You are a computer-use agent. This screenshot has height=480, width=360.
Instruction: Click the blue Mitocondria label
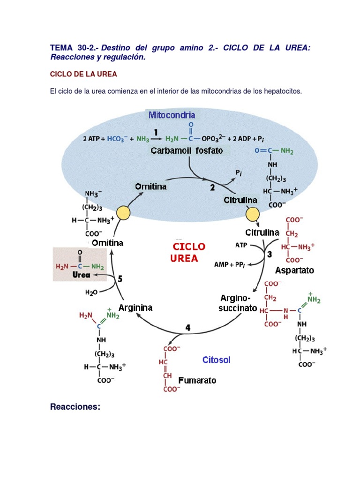tap(172, 115)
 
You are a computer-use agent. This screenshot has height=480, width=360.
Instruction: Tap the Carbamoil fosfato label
tap(187, 151)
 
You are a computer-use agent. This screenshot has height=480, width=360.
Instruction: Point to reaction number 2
tap(212, 187)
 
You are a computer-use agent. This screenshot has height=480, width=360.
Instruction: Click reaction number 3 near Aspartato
tap(270, 255)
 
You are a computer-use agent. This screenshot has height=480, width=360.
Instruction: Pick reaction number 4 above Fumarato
tap(188, 328)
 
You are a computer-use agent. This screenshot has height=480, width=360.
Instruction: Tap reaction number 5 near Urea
tap(120, 278)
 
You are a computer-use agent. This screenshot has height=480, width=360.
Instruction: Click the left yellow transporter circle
tap(123, 213)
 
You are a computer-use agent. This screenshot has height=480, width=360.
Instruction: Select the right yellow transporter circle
tap(253, 215)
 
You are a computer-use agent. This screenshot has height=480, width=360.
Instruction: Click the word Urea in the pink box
tap(81, 275)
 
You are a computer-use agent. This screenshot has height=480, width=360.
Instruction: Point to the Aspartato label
tap(294, 270)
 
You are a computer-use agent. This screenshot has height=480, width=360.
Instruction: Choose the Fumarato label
tap(197, 380)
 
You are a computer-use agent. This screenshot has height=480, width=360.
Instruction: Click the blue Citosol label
tap(217, 360)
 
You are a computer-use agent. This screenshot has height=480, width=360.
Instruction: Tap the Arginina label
tap(135, 308)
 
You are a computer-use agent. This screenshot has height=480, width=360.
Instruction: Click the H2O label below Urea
tap(91, 292)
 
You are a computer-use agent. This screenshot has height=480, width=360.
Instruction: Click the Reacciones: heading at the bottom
tap(75, 407)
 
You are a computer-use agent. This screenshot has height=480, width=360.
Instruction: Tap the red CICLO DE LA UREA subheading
tap(83, 74)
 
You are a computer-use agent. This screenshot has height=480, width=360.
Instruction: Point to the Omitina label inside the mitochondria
tap(151, 187)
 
